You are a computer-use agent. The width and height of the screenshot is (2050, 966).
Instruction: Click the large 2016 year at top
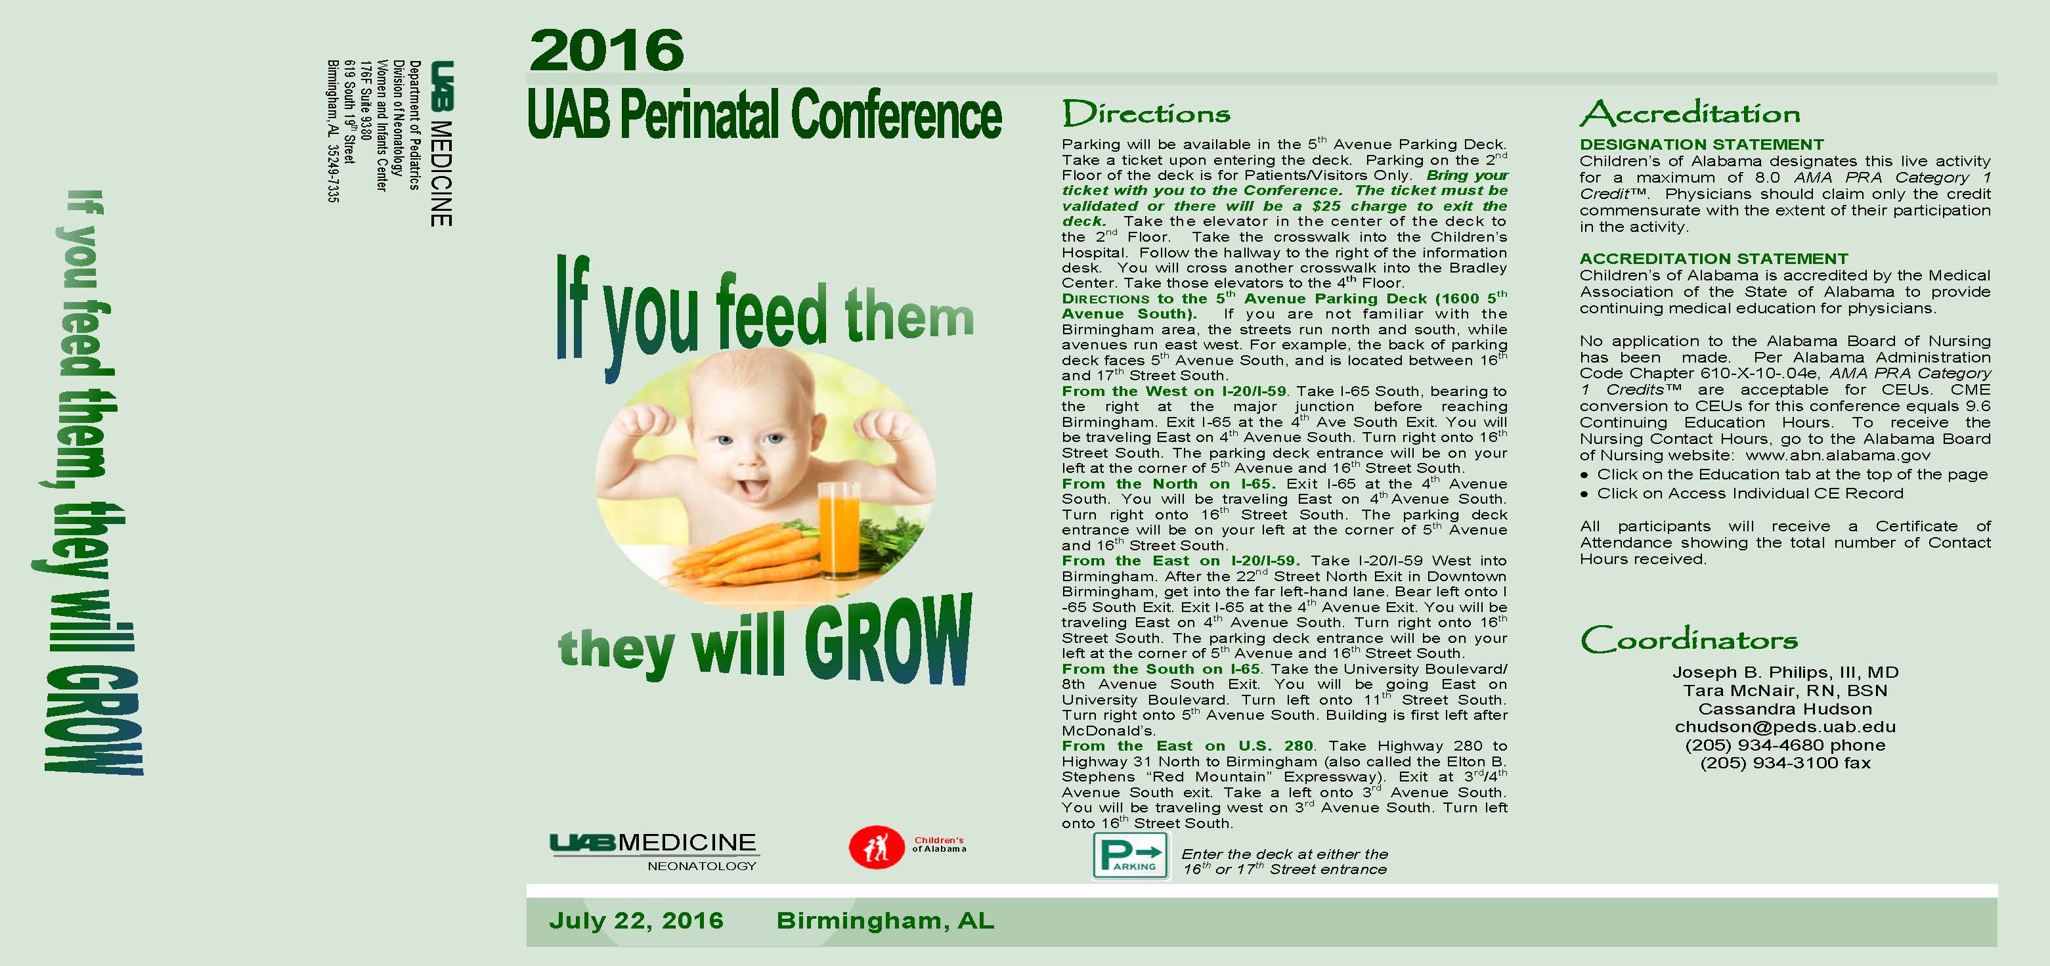pos(607,50)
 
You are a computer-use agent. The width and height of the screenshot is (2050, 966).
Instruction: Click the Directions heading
pos(1146,113)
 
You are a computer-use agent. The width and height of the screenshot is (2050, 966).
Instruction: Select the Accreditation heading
pos(1690,113)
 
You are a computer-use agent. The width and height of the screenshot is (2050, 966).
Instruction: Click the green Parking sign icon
pos(1131,856)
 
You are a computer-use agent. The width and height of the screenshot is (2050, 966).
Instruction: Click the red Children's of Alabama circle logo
pos(876,846)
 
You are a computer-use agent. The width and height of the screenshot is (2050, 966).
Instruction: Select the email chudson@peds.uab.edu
pos(1785,726)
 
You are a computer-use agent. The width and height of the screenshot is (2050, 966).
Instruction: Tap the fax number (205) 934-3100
pos(1785,763)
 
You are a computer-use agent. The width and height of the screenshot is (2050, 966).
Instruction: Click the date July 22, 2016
pos(636,921)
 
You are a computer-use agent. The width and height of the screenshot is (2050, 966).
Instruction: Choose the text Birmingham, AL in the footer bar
pos(885,921)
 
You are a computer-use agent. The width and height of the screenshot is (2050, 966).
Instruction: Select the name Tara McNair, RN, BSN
pos(1785,691)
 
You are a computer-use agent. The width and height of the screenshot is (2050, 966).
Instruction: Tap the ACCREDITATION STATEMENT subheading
pos(1713,259)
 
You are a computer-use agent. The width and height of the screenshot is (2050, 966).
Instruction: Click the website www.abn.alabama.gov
pos(1837,455)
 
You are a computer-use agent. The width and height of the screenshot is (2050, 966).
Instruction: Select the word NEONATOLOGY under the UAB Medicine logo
pos(701,866)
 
